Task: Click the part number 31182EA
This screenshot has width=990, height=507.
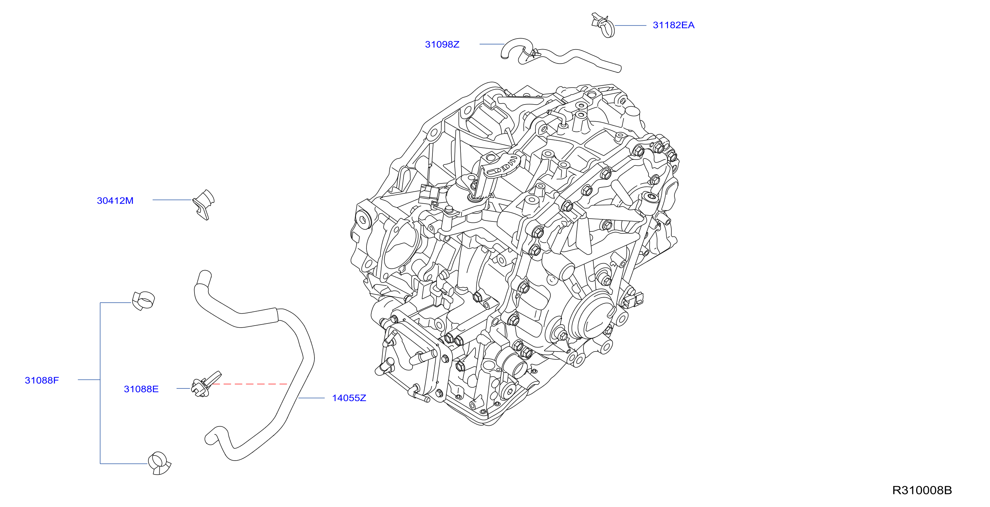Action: tap(673, 25)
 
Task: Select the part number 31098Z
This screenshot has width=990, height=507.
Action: tap(442, 44)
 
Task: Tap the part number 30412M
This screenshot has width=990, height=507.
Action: tap(115, 201)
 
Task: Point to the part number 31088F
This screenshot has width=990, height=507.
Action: tap(42, 380)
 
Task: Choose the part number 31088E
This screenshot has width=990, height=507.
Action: tap(141, 389)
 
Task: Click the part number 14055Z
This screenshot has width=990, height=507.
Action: tap(349, 398)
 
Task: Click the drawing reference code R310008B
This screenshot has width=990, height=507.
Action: tap(922, 490)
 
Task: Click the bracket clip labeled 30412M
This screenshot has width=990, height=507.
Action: tap(204, 204)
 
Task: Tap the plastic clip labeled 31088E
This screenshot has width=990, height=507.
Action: tap(205, 384)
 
